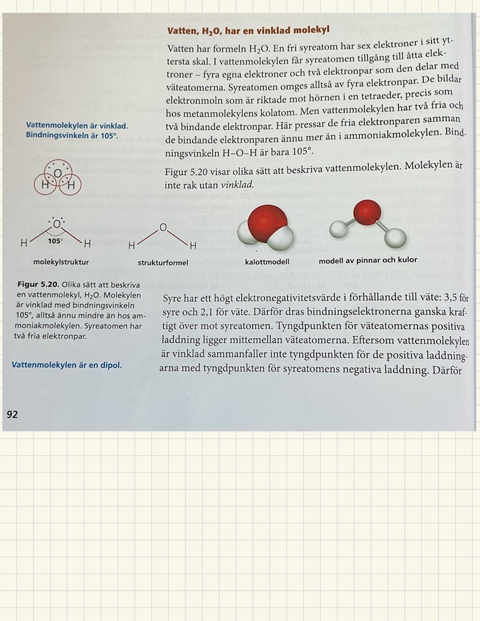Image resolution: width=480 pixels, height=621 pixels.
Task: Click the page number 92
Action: pos(12,414)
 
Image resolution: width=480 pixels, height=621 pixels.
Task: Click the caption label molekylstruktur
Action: pos(61,262)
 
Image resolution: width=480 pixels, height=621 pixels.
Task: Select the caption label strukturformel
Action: pos(163,263)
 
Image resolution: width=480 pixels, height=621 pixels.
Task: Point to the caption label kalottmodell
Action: pos(267,262)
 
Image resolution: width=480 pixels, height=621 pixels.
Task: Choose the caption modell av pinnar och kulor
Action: pos(368,260)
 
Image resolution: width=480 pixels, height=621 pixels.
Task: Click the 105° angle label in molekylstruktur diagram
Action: pos(55,241)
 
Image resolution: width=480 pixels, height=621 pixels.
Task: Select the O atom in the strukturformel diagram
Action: pos(163,227)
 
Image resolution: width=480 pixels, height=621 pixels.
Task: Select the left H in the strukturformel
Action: pos(132,246)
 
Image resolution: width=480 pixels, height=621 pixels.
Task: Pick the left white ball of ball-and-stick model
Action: pos(338,229)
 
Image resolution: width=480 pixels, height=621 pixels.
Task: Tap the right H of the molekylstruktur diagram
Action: pos(87,244)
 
